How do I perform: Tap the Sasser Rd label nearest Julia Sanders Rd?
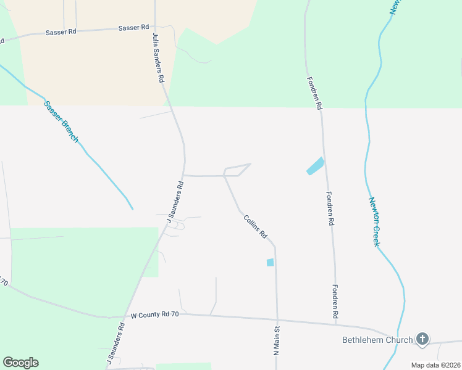click(134, 28)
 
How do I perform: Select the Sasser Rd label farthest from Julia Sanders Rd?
click(61, 32)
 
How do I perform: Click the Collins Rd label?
click(255, 226)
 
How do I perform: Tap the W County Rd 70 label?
click(154, 314)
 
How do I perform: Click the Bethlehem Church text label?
click(377, 340)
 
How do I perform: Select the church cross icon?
click(422, 338)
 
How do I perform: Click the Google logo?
click(20, 363)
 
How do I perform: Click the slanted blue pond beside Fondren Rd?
click(315, 166)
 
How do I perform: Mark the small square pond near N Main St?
click(270, 263)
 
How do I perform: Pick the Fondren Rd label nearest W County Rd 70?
click(335, 302)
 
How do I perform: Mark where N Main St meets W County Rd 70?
click(277, 319)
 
